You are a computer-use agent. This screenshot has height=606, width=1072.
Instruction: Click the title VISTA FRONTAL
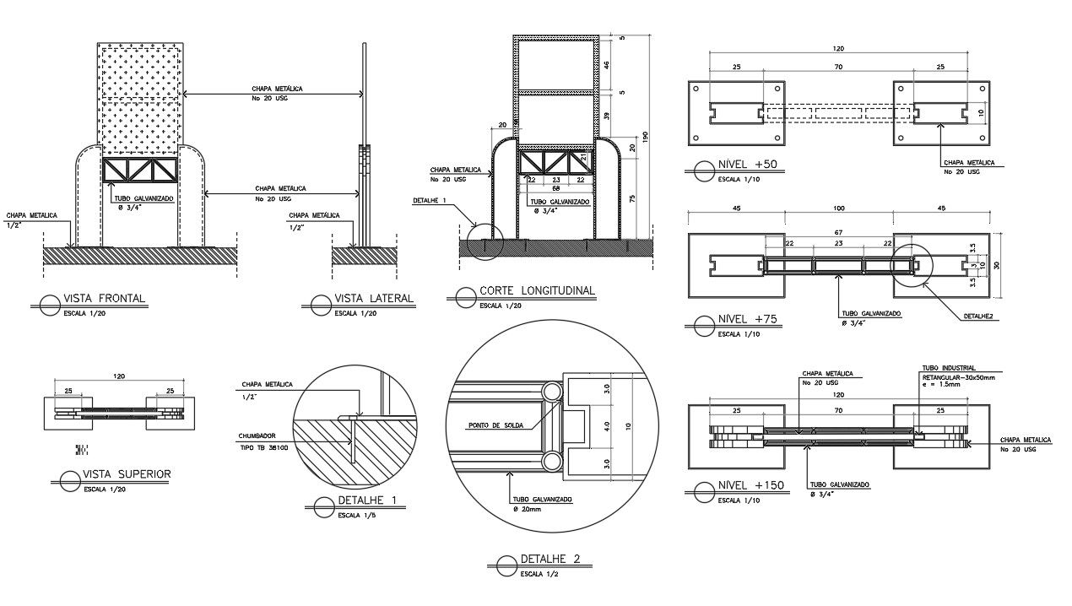click(105, 299)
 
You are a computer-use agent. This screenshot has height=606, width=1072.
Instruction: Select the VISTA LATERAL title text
click(374, 298)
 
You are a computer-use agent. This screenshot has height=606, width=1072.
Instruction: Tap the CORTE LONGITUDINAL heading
click(537, 290)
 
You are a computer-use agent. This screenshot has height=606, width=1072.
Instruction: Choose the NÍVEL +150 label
click(751, 485)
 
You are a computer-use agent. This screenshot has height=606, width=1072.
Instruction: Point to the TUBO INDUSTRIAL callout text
click(949, 368)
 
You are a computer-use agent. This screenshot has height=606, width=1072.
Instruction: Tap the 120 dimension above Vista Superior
click(118, 376)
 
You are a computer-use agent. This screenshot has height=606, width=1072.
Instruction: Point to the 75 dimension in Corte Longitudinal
click(633, 199)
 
